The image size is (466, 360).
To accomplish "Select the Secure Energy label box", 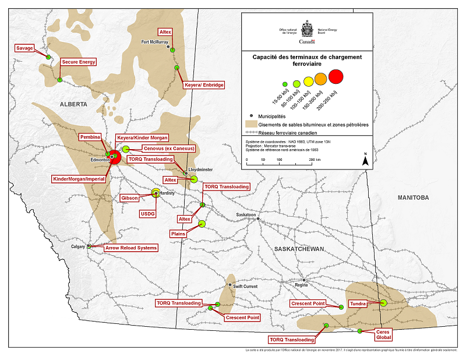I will coord(78,61).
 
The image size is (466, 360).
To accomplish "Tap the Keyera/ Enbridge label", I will coord(203,85).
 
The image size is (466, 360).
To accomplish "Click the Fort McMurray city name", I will coord(154,43).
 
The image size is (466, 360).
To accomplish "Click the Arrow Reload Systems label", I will coord(131,248).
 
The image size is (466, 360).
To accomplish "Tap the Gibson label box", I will coord(129,198).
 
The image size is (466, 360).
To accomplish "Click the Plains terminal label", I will coord(178,233).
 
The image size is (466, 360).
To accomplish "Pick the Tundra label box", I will coord(358,304).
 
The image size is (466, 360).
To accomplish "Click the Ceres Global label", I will coord(383,334).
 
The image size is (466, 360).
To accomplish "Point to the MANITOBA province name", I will coord(413,198).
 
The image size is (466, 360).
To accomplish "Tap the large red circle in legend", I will coord(337,76).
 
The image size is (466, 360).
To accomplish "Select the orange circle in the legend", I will coord(321,78).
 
